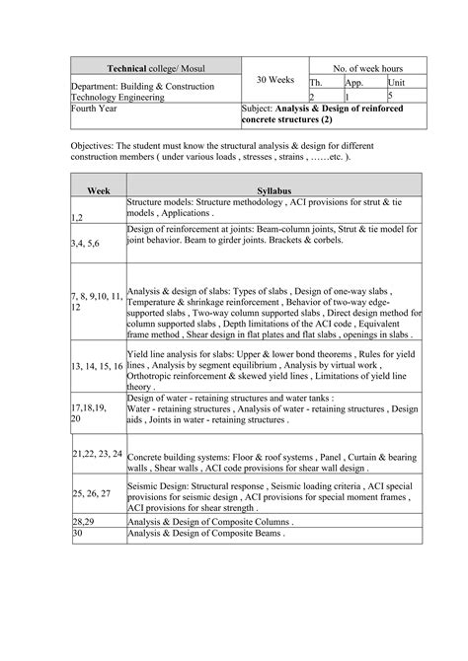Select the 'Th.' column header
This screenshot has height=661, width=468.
[x=317, y=84]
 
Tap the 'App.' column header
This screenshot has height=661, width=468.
[x=353, y=84]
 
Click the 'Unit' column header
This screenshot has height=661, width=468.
[x=396, y=84]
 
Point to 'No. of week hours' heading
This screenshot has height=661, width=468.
[x=367, y=67]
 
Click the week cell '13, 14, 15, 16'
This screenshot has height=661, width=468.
[x=97, y=365]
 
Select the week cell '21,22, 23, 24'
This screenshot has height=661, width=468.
[x=97, y=454]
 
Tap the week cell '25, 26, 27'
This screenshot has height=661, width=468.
[x=91, y=491]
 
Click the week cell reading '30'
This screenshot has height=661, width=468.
[x=77, y=533]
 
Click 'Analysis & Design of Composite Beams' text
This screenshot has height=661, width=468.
[x=204, y=533]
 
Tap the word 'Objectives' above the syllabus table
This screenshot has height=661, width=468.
[x=95, y=143]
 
